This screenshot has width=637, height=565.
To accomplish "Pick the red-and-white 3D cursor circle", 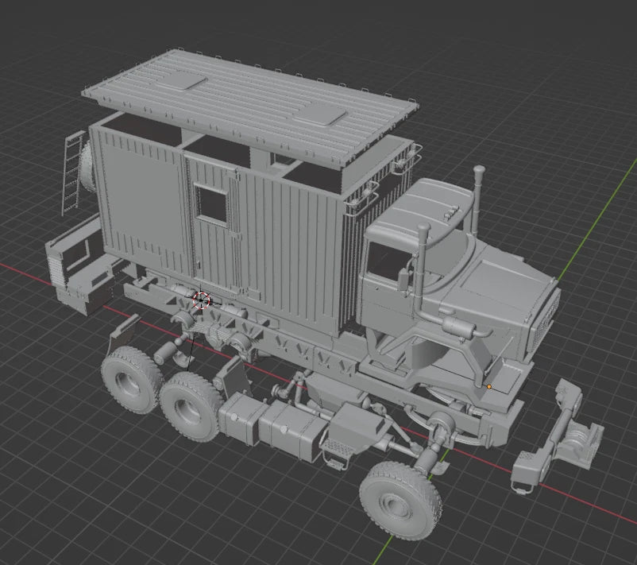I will click(201, 300).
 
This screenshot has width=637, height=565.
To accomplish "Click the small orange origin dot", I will click(489, 387).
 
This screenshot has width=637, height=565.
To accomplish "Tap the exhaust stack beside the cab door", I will click(423, 262).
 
